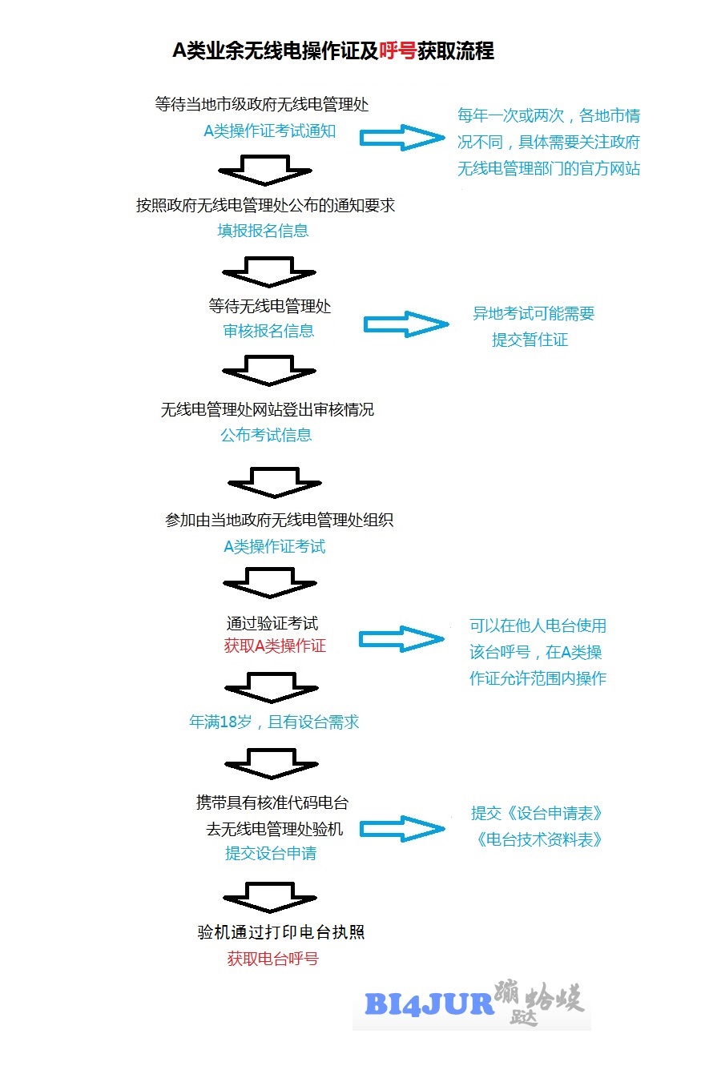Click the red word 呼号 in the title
(x=397, y=50)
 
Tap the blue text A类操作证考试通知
(x=270, y=131)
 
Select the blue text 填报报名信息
(x=263, y=231)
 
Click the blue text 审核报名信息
(x=268, y=331)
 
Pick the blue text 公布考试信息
(x=266, y=435)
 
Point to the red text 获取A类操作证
(x=275, y=646)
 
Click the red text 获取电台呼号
(x=273, y=959)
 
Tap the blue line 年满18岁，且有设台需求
(x=274, y=722)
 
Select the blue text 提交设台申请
(x=271, y=853)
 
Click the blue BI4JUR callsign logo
(x=429, y=1004)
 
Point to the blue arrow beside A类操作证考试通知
(x=403, y=138)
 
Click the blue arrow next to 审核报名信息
(x=406, y=324)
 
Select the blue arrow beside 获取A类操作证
(x=401, y=639)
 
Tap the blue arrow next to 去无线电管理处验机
(x=403, y=829)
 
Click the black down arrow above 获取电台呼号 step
(x=270, y=898)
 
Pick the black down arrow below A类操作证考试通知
(x=265, y=171)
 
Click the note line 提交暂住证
(x=530, y=340)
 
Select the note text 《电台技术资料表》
(x=539, y=839)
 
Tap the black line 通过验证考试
(x=272, y=623)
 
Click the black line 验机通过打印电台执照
(x=281, y=932)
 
